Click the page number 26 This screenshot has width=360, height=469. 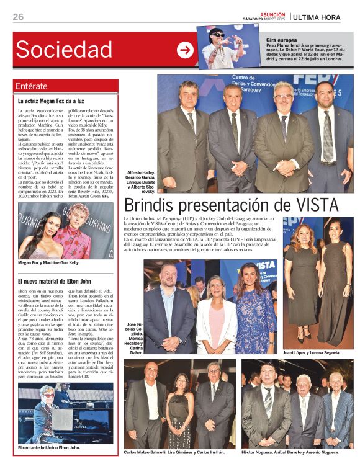point(17,17)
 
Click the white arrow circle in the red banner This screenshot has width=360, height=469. point(185,50)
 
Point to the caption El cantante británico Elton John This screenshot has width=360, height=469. point(49,447)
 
